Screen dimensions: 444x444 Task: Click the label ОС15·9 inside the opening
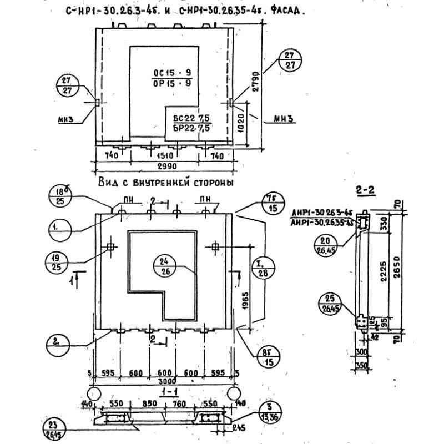pos(172,73)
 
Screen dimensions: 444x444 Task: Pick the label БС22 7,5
pos(190,119)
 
